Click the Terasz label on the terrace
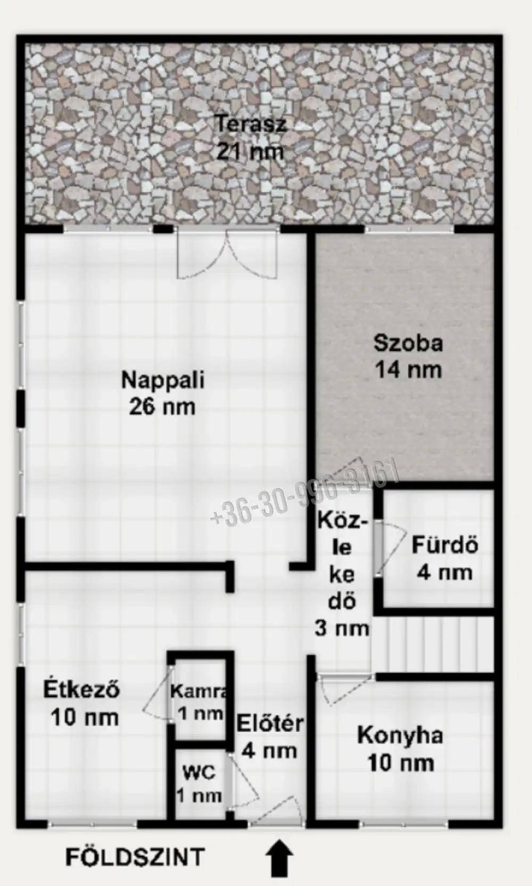pyautogui.click(x=251, y=124)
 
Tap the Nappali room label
pyautogui.click(x=163, y=380)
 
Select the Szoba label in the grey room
pyautogui.click(x=408, y=343)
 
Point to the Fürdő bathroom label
pyautogui.click(x=445, y=545)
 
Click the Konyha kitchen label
pyautogui.click(x=400, y=735)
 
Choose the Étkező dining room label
pyautogui.click(x=81, y=689)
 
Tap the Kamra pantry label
pyautogui.click(x=199, y=690)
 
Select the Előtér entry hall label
pyautogui.click(x=270, y=723)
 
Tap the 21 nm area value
pyautogui.click(x=250, y=152)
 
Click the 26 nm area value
pyautogui.click(x=163, y=407)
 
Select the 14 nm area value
pyautogui.click(x=408, y=370)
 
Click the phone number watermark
pyautogui.click(x=305, y=492)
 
